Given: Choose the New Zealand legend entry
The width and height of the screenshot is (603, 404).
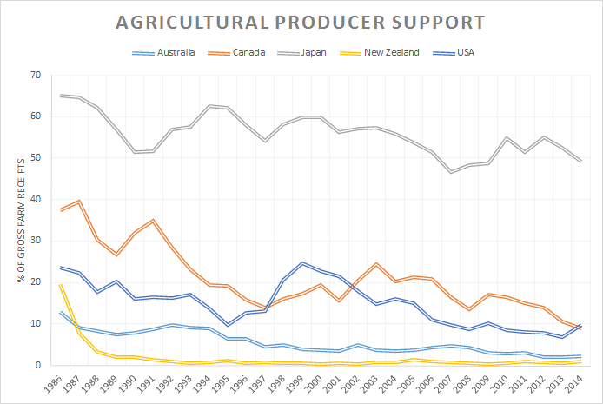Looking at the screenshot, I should (391, 52).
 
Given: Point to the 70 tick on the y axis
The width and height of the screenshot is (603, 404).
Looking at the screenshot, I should (35, 75).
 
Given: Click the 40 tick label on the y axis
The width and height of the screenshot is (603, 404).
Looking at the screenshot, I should (35, 199).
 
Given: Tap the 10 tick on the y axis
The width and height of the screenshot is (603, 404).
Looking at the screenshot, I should (35, 323).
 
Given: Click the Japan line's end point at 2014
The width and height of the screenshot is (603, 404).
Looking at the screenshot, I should (580, 162).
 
